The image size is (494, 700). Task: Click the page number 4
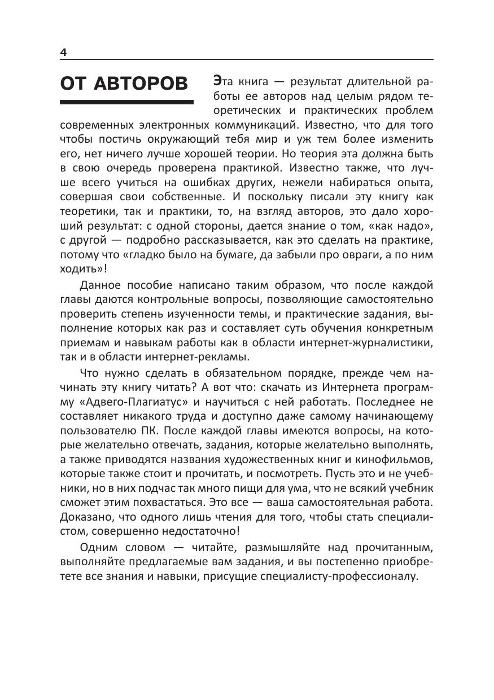pyautogui.click(x=63, y=52)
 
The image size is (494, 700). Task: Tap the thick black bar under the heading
pyautogui.click(x=126, y=102)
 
